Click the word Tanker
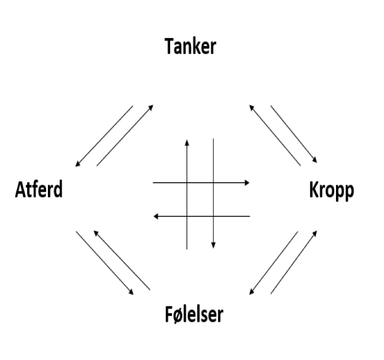click(190, 47)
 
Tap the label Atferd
click(39, 190)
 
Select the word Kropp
click(332, 191)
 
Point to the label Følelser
click(194, 314)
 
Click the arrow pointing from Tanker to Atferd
click(104, 136)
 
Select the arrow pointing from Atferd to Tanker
click(125, 135)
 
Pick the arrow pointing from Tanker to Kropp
click(294, 134)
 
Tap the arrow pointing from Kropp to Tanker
click(275, 135)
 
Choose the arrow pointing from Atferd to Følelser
click(104, 263)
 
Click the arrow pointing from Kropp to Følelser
click(274, 263)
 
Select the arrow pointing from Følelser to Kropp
click(294, 262)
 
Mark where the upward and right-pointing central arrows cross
click(187, 183)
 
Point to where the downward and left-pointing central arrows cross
click(213, 216)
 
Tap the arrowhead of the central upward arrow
click(187, 142)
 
